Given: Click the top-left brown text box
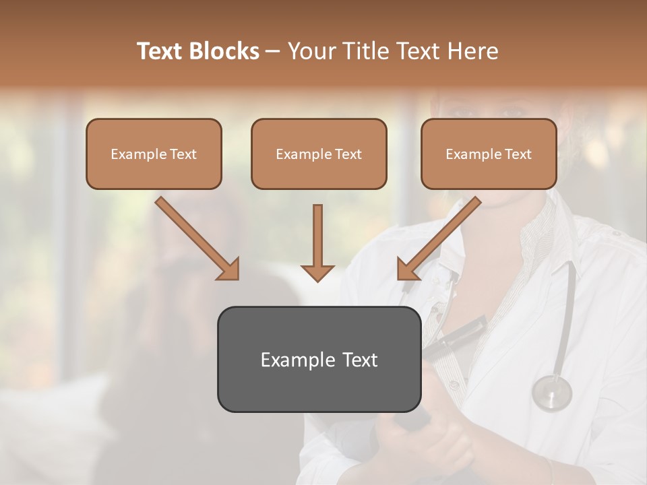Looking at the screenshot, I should pyautogui.click(x=154, y=154).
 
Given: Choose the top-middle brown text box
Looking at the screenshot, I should pyautogui.click(x=319, y=154).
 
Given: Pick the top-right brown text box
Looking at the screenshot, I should pyautogui.click(x=489, y=154).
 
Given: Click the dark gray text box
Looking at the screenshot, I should pyautogui.click(x=319, y=359).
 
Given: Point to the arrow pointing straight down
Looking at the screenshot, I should pyautogui.click(x=317, y=243).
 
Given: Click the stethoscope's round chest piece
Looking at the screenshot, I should pyautogui.click(x=551, y=392).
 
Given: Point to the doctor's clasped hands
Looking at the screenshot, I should pyautogui.click(x=418, y=445).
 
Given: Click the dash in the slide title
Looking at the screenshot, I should pyautogui.click(x=273, y=52).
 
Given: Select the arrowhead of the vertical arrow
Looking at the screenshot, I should pyautogui.click(x=317, y=272).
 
